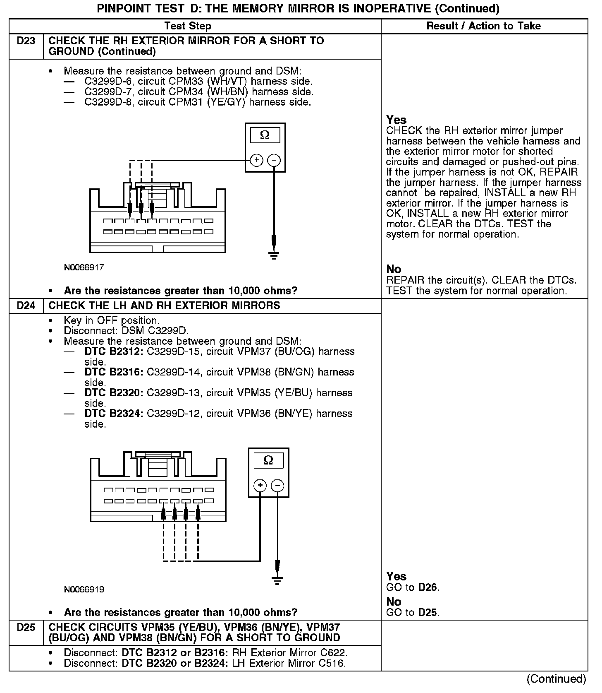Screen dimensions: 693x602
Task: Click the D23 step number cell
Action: (x=26, y=41)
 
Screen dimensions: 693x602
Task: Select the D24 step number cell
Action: (x=26, y=306)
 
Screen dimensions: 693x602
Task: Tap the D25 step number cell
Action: (x=26, y=627)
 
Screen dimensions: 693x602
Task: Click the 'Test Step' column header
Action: (x=188, y=26)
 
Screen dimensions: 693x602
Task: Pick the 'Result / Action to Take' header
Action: (x=483, y=26)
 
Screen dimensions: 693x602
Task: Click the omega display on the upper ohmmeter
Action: (x=265, y=135)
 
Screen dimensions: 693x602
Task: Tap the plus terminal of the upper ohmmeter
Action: (x=256, y=160)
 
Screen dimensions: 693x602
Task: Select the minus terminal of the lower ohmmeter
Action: (x=277, y=485)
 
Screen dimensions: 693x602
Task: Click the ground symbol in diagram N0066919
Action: (x=277, y=580)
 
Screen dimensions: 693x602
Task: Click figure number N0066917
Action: (x=84, y=267)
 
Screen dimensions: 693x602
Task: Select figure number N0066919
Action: (x=84, y=589)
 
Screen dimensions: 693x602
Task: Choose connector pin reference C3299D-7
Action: (x=108, y=91)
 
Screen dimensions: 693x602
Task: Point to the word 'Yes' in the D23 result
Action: (x=397, y=120)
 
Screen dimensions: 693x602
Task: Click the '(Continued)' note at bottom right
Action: (x=556, y=679)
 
